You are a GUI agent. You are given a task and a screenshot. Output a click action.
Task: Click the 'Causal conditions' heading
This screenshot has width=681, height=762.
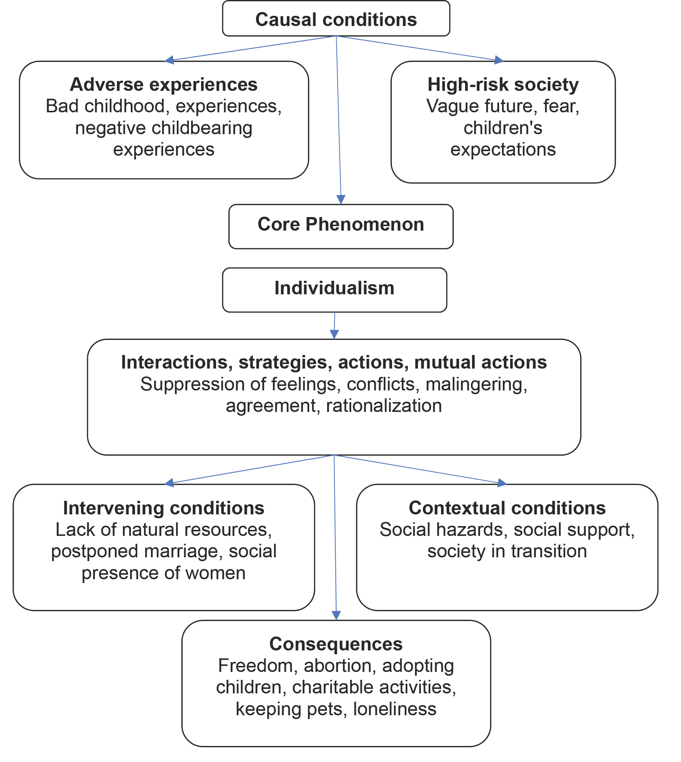point(336,20)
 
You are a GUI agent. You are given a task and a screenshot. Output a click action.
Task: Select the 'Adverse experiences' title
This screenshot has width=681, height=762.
point(164,84)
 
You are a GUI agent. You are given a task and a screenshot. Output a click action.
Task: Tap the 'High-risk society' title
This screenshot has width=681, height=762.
point(503,84)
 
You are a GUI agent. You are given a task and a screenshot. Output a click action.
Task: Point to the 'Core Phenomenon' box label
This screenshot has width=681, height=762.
point(341,224)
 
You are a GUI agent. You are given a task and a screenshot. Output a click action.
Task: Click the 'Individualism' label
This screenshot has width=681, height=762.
point(334,288)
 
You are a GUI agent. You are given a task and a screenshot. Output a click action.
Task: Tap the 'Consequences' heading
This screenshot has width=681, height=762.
point(336,644)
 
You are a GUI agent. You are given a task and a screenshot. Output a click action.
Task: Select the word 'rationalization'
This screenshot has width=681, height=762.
point(384,406)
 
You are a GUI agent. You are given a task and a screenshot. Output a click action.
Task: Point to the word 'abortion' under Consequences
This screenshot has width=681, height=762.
point(340,666)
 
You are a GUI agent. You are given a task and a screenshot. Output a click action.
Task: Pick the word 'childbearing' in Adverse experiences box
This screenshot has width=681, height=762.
point(202,129)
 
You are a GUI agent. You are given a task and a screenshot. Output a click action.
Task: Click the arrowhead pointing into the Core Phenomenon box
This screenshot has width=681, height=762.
point(341,200)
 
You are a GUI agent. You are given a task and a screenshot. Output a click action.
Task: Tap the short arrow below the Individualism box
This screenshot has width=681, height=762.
point(334,326)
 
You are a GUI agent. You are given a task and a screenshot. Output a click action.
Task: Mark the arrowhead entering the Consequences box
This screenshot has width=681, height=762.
point(336,615)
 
